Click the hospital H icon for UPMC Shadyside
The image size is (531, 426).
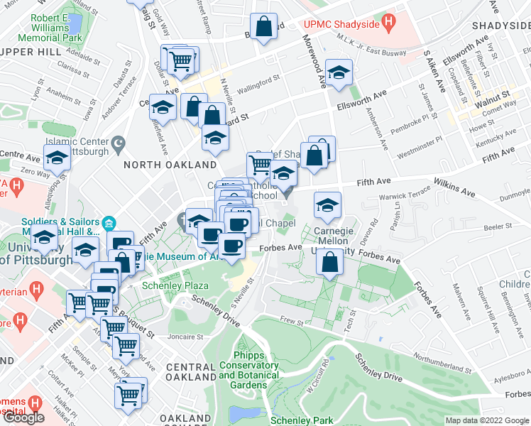pyautogui.click(x=388, y=22)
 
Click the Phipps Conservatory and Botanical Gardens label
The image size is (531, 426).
pyautogui.click(x=245, y=370)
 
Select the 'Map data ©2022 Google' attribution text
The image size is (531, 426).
pyautogui.click(x=487, y=420)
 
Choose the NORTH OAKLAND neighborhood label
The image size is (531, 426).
pyautogui.click(x=158, y=165)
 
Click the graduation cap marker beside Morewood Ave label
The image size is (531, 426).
pyautogui.click(x=339, y=72)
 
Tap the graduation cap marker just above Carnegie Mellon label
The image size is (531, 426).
pyautogui.click(x=327, y=205)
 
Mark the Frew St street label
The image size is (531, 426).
pyautogui.click(x=291, y=320)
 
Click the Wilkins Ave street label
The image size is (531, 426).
pyautogui.click(x=456, y=187)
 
